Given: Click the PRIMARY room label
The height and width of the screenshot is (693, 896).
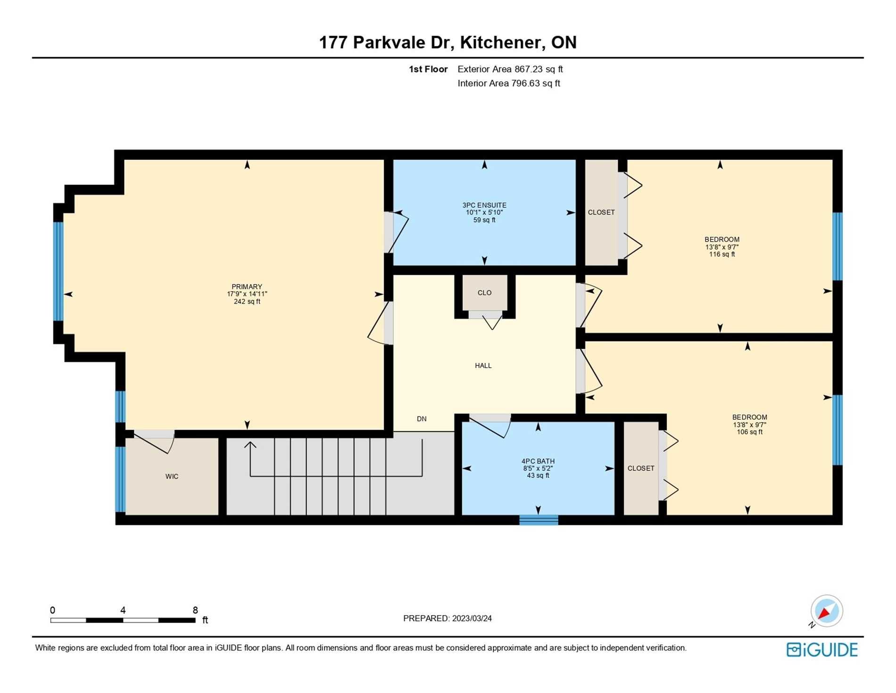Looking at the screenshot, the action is (247, 287).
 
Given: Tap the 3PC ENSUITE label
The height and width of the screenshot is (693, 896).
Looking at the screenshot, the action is (484, 205).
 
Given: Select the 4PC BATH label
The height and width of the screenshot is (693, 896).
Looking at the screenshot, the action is (538, 461).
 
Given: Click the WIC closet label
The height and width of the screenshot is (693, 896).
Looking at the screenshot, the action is (172, 476).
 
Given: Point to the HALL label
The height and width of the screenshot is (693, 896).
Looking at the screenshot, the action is (483, 365).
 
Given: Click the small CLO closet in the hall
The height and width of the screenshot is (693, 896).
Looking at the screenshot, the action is (484, 293).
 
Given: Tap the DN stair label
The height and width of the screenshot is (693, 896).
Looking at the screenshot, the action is (422, 419).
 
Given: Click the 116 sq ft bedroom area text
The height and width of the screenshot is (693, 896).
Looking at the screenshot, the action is (722, 254).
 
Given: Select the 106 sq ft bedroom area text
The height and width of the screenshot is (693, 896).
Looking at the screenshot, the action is (749, 432).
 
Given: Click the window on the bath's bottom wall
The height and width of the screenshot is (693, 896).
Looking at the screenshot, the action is (539, 520).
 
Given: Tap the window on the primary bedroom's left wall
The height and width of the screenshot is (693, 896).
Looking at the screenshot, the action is (58, 271).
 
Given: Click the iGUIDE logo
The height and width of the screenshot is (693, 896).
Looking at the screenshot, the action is (822, 650).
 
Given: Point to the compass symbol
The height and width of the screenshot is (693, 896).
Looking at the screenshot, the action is (826, 611).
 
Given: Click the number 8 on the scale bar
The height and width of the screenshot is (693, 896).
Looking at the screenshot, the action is (195, 610).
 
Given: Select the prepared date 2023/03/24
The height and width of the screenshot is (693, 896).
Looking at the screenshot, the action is (472, 618).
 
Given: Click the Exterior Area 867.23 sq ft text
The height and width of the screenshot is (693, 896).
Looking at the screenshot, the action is (510, 69).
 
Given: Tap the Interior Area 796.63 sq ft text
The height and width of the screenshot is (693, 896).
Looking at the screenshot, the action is (508, 84).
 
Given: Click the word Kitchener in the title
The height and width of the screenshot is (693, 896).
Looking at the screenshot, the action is (500, 42).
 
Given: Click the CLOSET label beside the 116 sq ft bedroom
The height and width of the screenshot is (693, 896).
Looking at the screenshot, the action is (601, 212).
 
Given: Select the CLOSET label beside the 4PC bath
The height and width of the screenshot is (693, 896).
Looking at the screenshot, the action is (641, 468).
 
